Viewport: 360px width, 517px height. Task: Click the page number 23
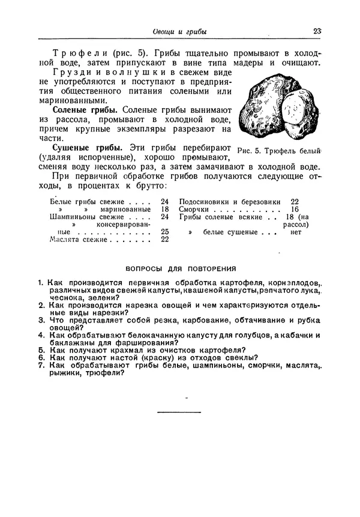click(317, 31)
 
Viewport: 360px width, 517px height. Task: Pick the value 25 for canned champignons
click(165, 231)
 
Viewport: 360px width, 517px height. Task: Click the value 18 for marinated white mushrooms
click(165, 209)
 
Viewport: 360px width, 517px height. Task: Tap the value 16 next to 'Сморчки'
click(295, 209)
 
